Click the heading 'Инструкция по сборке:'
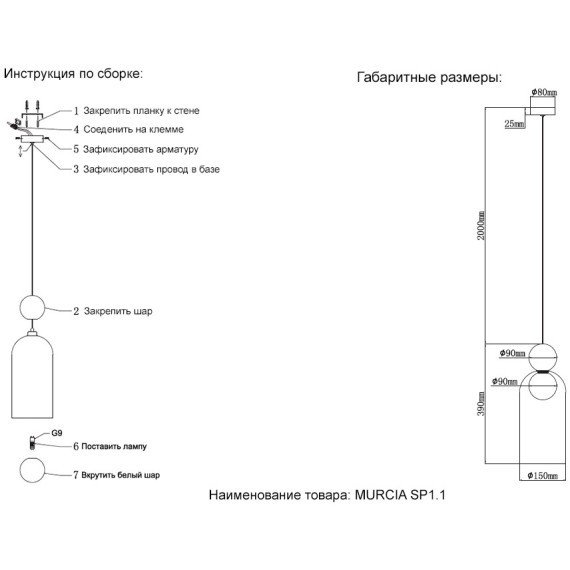pos(74,74)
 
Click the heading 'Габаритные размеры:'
pos(429,77)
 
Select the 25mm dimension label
pos(514,125)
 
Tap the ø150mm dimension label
pos(542,476)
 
